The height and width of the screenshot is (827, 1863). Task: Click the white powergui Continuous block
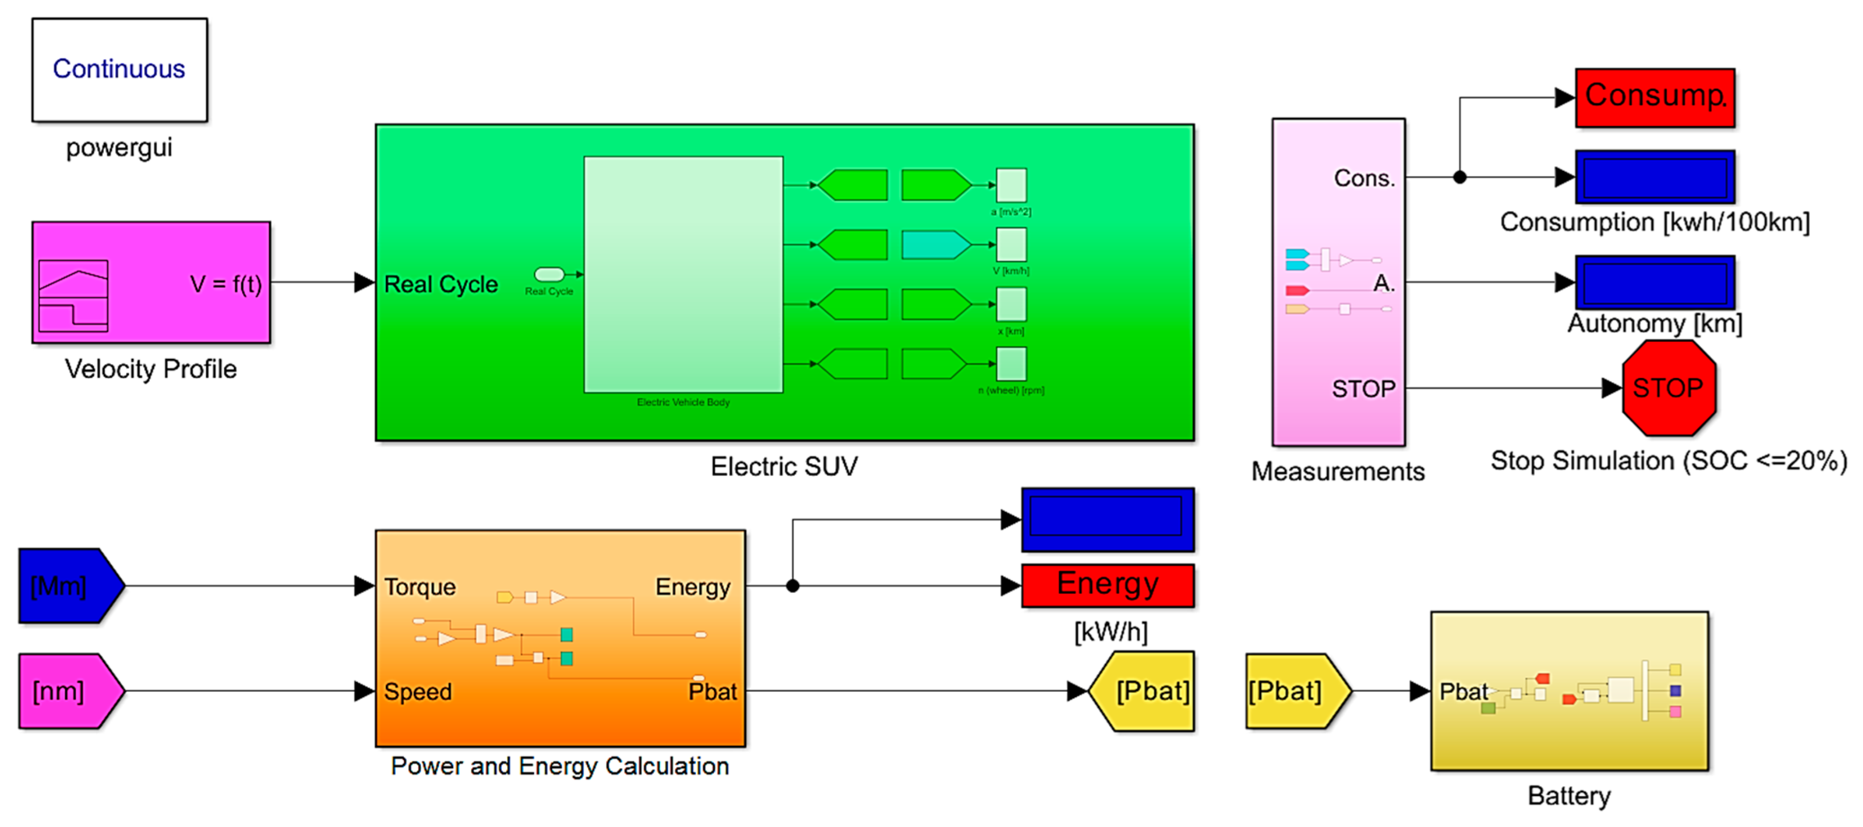[x=119, y=69]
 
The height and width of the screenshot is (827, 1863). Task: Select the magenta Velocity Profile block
[x=151, y=282]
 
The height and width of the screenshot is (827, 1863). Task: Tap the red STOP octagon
[x=1668, y=388]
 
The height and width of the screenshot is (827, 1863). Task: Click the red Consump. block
[x=1655, y=98]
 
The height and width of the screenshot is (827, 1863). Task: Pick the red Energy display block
[x=1107, y=585]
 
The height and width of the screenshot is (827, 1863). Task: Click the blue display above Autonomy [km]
[x=1655, y=282]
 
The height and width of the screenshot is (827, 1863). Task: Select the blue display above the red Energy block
[x=1107, y=519]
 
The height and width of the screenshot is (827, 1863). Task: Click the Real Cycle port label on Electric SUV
[x=440, y=284]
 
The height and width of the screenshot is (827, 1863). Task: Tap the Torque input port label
[x=419, y=587]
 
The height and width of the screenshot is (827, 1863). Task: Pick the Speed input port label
[x=417, y=692]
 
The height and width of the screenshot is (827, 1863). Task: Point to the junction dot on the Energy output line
[x=793, y=585]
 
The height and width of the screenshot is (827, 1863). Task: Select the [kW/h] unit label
[x=1110, y=632]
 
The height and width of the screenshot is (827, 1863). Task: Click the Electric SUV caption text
[x=784, y=466]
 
